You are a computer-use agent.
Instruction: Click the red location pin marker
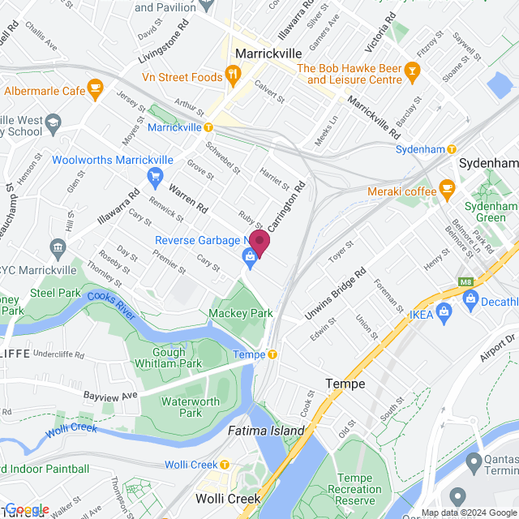point(259,242)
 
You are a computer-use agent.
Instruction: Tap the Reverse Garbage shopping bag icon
point(250,258)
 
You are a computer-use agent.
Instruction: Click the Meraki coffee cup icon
point(447,191)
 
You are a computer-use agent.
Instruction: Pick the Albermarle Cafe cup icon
point(95,87)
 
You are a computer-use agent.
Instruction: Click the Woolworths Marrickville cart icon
point(155,175)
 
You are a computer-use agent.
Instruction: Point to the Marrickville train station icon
point(208,127)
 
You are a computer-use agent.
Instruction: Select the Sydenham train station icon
point(451,149)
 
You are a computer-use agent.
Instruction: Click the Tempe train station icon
point(273,354)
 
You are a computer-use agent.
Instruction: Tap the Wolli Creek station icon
point(225,465)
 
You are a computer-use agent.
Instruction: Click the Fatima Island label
point(265,431)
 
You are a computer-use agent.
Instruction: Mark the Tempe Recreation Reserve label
point(358,488)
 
